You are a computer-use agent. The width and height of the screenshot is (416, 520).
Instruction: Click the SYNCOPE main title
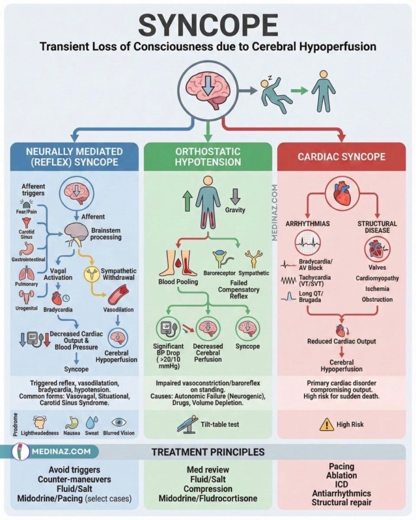208,26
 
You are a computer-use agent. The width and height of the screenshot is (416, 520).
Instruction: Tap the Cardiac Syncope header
342,157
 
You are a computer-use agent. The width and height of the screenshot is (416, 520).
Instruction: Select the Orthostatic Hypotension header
208,157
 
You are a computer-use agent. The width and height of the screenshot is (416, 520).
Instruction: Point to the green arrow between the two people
300,91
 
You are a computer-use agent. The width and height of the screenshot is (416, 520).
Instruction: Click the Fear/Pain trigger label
26,212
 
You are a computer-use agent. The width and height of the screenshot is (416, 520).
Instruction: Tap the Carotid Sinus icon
26,223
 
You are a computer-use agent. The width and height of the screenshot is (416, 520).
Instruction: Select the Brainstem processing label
106,234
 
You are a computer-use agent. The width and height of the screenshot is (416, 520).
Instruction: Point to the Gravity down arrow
235,196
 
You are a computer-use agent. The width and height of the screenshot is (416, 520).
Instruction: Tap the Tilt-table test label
219,424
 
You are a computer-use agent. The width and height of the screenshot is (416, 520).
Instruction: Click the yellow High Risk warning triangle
327,424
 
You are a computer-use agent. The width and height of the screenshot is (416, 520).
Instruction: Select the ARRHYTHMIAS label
307,224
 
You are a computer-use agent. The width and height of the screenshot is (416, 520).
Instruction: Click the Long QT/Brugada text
311,297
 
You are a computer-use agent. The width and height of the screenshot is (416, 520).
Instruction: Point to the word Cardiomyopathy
377,278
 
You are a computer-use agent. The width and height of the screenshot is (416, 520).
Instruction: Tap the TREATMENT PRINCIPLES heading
208,452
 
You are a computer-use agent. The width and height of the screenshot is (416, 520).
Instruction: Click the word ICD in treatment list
342,484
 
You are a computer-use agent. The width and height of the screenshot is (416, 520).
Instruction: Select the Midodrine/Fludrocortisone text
208,498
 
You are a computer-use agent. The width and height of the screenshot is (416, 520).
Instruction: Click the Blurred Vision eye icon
119,422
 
